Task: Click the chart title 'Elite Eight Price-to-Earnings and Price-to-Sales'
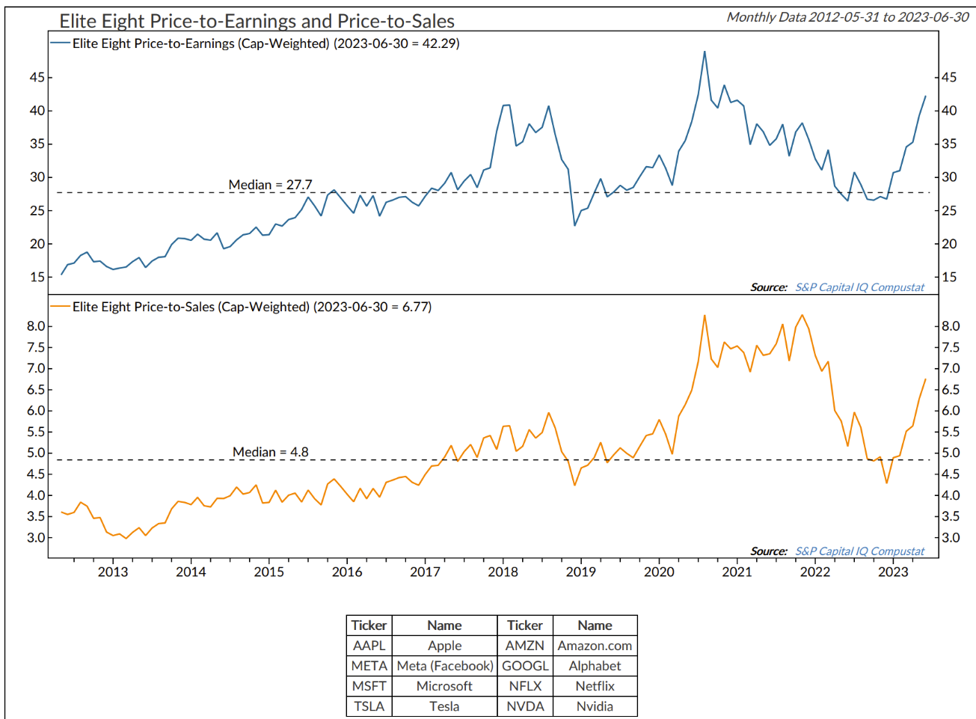257,21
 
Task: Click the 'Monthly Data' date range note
847,17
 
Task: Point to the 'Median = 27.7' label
270,185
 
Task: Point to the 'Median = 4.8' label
270,452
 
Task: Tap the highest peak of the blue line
705,52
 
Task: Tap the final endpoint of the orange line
926,379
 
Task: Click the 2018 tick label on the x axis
503,572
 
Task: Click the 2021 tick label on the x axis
737,572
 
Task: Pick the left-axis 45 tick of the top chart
37,77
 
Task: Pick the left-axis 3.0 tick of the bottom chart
35,537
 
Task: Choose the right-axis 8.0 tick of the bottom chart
951,326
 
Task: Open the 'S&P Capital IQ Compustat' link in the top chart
859,287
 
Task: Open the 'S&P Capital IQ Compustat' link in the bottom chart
859,551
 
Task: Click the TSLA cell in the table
369,706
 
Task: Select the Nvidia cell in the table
595,706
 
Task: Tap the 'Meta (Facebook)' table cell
444,666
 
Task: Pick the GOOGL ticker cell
525,666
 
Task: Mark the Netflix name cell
595,686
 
